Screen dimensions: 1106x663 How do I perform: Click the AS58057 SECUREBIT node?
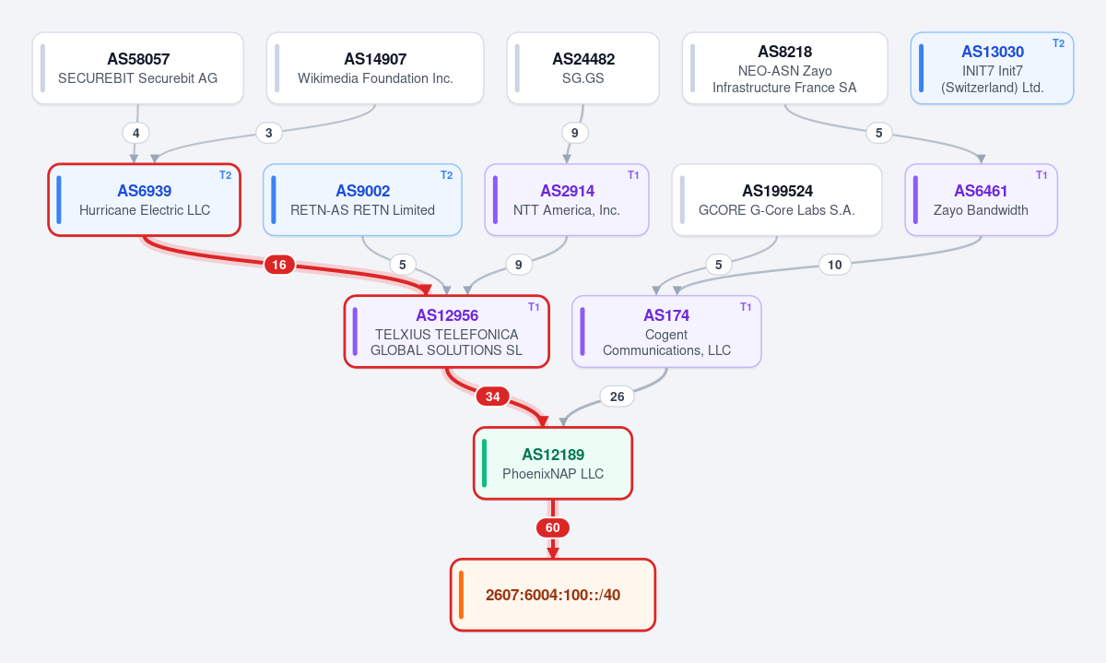[137, 68]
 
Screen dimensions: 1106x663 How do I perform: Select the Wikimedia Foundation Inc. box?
[375, 68]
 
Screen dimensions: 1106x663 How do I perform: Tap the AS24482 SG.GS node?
[583, 68]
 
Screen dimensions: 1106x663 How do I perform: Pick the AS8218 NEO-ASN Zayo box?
[784, 68]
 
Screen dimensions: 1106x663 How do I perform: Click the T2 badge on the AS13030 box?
[1058, 43]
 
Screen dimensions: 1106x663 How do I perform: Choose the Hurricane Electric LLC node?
[144, 200]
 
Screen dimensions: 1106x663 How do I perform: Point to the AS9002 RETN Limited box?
[362, 200]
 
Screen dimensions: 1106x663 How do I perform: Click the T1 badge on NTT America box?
[633, 175]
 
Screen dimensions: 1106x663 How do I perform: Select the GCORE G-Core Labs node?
[777, 200]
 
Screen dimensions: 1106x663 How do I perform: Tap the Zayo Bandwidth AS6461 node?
[981, 200]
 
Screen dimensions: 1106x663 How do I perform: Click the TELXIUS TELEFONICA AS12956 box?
[447, 332]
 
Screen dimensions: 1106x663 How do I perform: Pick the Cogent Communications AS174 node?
[666, 332]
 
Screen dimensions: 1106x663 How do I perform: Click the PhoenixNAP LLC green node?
[553, 464]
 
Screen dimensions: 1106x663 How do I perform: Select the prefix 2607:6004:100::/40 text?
[553, 595]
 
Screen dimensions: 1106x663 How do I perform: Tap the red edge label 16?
[279, 265]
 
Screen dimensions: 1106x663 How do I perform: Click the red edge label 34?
[493, 397]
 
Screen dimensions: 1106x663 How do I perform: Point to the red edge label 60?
[553, 527]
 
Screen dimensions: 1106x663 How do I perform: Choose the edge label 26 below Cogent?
[618, 397]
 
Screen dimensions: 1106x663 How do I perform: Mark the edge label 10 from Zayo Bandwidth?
[835, 265]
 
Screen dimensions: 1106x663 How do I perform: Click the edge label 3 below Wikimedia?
[269, 133]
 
